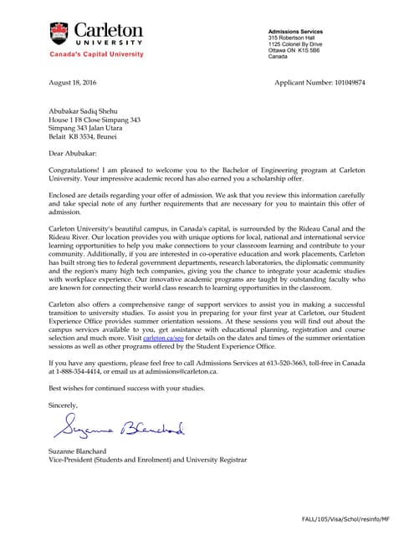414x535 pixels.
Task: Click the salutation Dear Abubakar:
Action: click(x=73, y=154)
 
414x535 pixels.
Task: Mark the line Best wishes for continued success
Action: click(x=126, y=388)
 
